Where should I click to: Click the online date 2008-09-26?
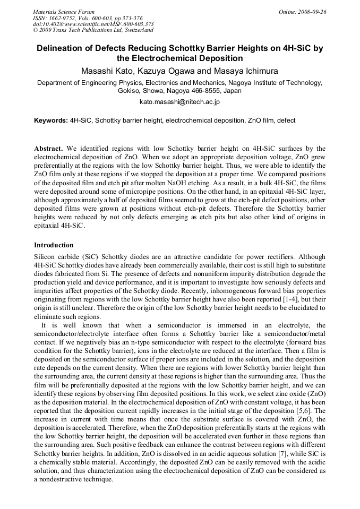312,12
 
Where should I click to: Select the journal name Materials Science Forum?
64,12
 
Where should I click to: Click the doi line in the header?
93,24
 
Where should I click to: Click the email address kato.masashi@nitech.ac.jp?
179,101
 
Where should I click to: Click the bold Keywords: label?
51,121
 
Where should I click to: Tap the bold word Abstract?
48,149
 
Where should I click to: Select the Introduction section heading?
54,245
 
